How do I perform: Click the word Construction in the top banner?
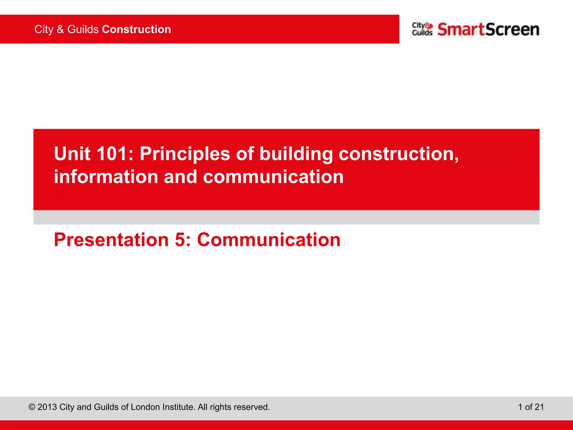[x=136, y=29]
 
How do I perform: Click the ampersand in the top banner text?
[x=60, y=29]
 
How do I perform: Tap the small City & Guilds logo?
[x=422, y=29]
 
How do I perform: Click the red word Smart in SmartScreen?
[x=461, y=29]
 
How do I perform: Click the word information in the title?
[x=106, y=177]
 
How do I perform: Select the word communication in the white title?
[x=273, y=177]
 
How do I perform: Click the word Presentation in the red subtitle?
[x=111, y=240]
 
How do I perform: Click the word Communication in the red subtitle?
[x=269, y=240]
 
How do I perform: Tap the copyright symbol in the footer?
[x=32, y=407]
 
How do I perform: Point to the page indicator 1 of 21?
[x=531, y=407]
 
